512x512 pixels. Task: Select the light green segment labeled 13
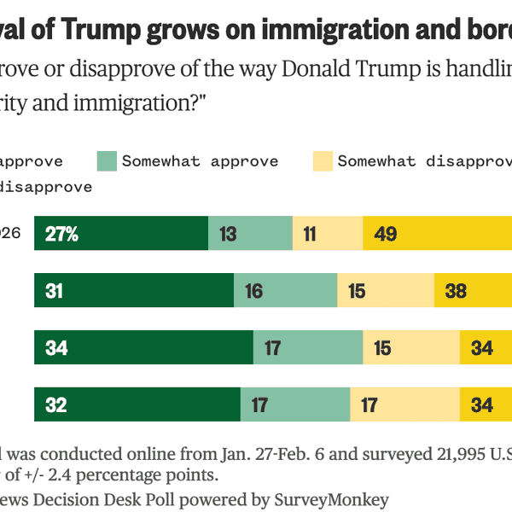[250, 234]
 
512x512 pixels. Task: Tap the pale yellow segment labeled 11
[328, 234]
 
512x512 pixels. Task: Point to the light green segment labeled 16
[285, 291]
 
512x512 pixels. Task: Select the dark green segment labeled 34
[143, 348]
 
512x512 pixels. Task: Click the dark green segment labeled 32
[137, 404]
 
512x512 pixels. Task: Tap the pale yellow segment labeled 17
[404, 404]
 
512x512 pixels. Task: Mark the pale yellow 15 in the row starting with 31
[385, 291]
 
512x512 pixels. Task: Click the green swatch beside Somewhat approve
[106, 160]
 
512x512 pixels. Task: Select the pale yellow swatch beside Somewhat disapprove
[322, 160]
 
